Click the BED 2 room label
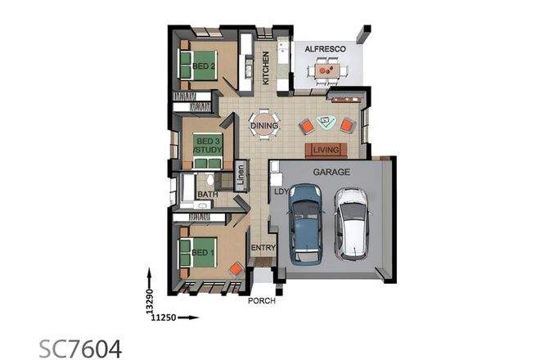204,65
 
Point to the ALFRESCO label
325,50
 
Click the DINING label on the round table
263,126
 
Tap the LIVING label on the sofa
326,150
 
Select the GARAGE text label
331,173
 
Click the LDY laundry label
280,191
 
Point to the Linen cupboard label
241,176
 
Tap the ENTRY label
263,248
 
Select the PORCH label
262,300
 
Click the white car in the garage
353,222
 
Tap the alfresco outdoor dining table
326,71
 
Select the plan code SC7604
81,348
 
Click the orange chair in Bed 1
236,268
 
